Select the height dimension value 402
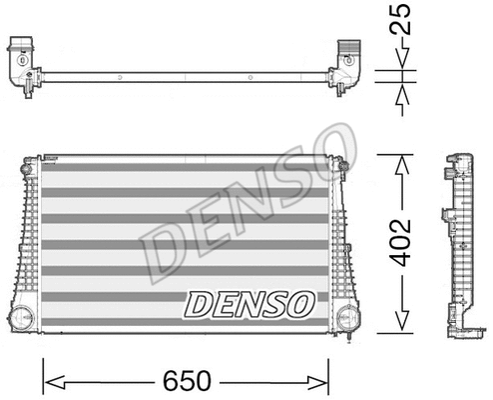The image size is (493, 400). click(400, 242)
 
